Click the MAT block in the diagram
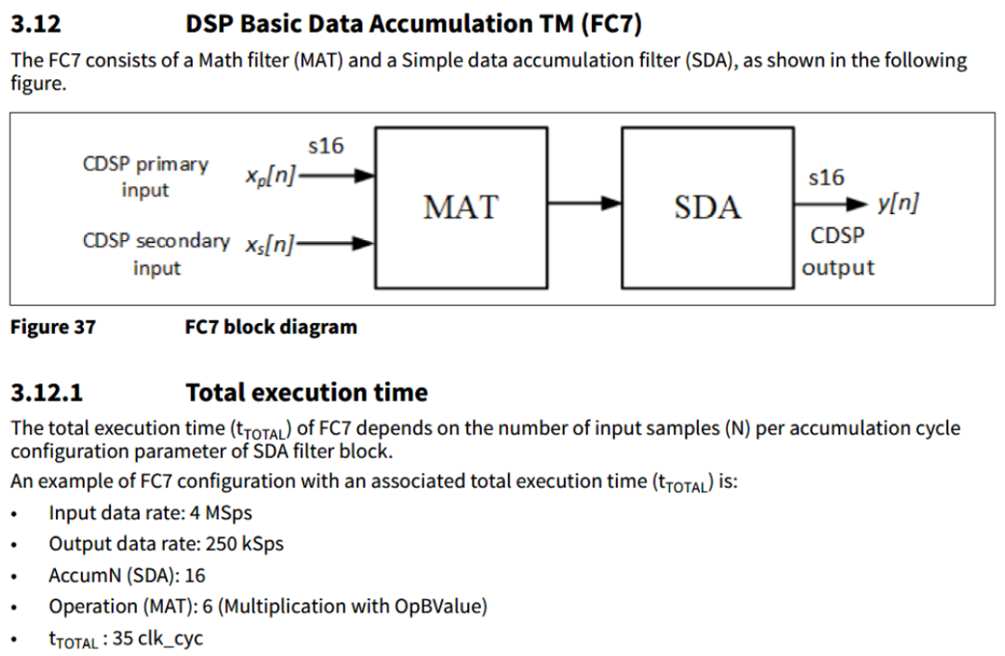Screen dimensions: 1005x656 [x=461, y=208]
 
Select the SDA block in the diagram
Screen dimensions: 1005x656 [x=707, y=208]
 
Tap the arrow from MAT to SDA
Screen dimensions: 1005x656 [x=584, y=204]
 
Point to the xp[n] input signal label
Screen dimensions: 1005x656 [x=271, y=175]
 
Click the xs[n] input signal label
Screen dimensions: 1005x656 [x=270, y=244]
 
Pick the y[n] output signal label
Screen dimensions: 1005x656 [x=898, y=203]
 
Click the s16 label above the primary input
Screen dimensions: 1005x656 [x=326, y=146]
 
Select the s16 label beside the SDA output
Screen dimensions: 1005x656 [x=826, y=178]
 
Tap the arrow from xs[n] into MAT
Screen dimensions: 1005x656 [x=335, y=244]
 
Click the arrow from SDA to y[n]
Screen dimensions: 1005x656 [x=831, y=205]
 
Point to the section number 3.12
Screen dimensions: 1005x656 [x=36, y=24]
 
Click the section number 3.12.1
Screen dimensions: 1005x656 [x=47, y=392]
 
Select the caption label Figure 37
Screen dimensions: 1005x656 [x=53, y=328]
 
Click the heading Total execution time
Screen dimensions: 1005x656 [x=306, y=392]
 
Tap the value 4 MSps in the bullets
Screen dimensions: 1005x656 [x=221, y=513]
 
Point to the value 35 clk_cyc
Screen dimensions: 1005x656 [x=157, y=638]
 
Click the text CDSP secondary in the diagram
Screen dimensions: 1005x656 [x=155, y=241]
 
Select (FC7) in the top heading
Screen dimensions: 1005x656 [x=611, y=24]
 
